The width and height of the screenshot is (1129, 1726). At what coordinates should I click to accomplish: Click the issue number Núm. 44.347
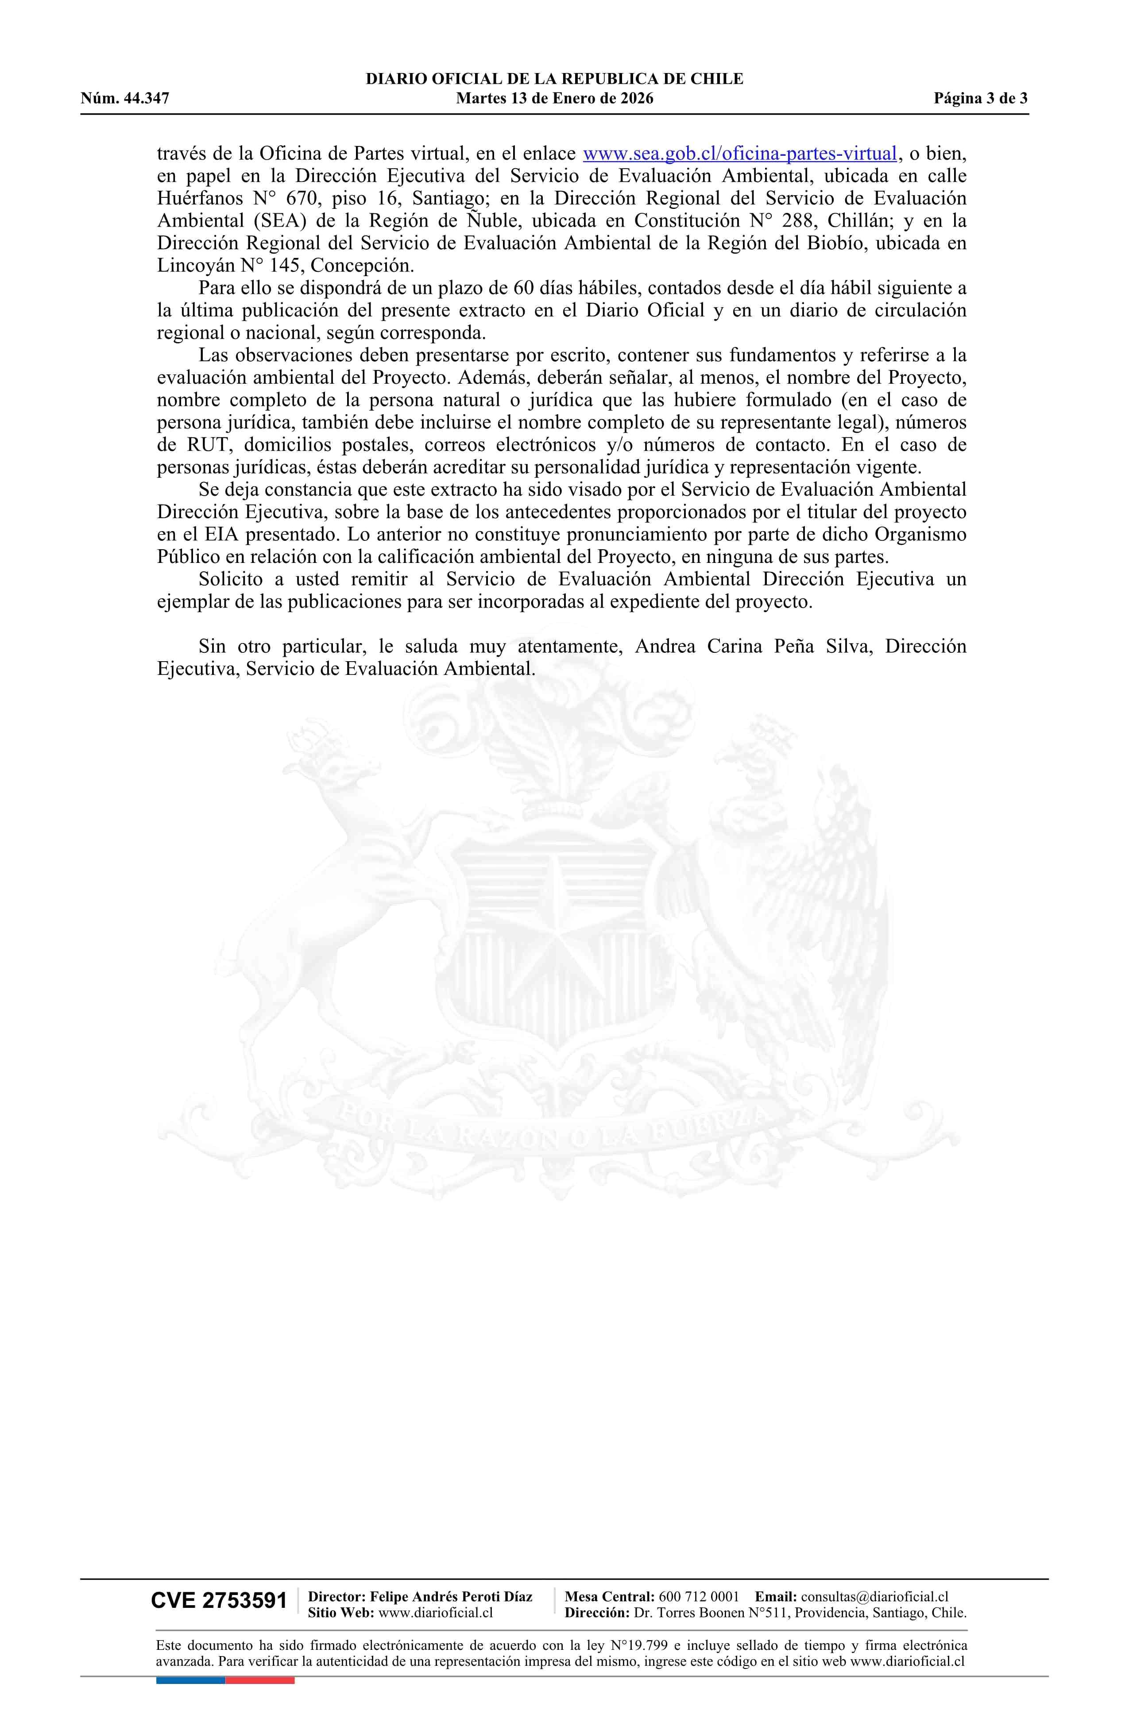(125, 99)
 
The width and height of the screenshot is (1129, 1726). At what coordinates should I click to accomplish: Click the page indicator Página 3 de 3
(980, 99)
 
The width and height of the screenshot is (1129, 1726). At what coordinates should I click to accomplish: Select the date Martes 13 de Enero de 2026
(554, 99)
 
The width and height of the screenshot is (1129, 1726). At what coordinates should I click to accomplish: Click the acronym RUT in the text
(208, 445)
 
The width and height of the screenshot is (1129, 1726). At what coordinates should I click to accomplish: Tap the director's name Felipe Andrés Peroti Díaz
(451, 1596)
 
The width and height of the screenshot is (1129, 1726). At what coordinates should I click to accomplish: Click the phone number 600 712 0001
(699, 1596)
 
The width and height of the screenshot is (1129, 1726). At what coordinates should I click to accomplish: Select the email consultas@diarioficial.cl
(874, 1596)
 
